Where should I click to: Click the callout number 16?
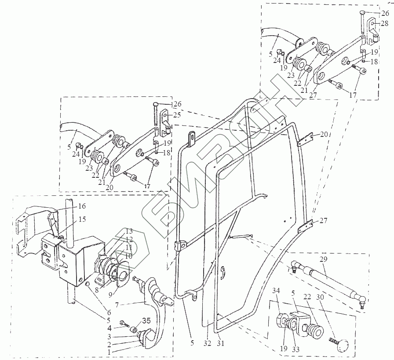click(82, 206)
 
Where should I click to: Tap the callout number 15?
click(82, 219)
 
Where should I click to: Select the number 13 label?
click(128, 231)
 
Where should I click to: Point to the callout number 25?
click(177, 115)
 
